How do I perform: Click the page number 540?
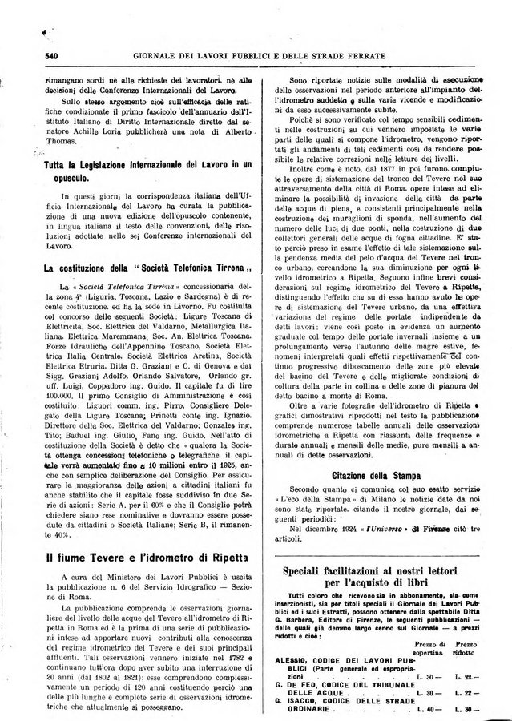tap(32, 56)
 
